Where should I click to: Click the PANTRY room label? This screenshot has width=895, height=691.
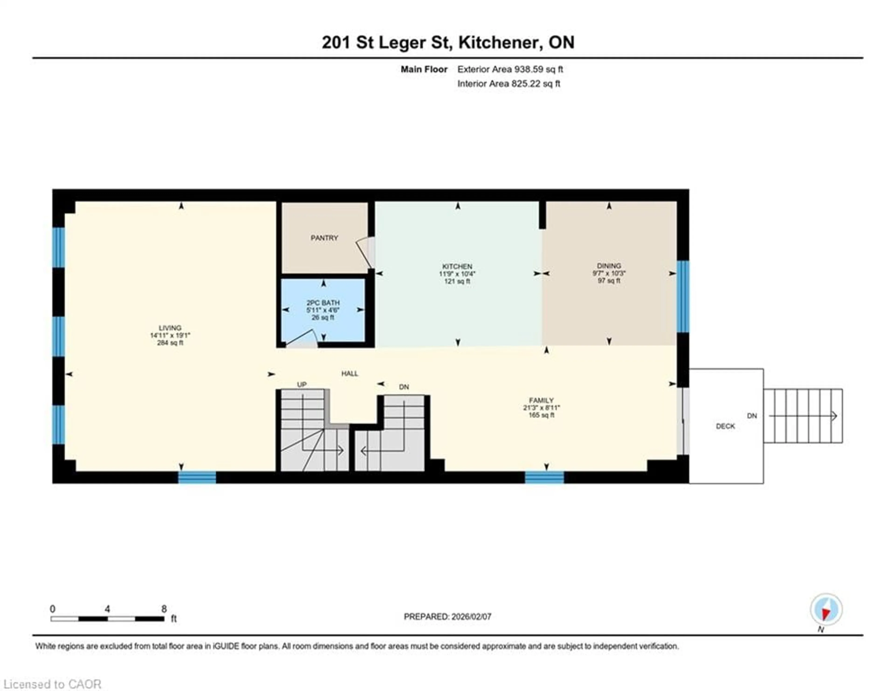pyautogui.click(x=324, y=238)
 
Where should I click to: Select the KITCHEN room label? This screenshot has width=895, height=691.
pyautogui.click(x=457, y=266)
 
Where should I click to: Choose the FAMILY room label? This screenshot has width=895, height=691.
pyautogui.click(x=541, y=401)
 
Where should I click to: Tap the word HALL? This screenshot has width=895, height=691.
pyautogui.click(x=350, y=373)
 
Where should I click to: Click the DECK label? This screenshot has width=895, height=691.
pyautogui.click(x=725, y=426)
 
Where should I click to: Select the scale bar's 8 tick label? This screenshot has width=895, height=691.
pyautogui.click(x=164, y=609)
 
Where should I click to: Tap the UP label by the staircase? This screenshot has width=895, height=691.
pyautogui.click(x=302, y=384)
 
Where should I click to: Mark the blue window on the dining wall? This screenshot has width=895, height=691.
pyautogui.click(x=683, y=296)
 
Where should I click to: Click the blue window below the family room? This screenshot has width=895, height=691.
pyautogui.click(x=544, y=477)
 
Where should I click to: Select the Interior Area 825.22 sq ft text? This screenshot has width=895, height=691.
pyautogui.click(x=509, y=84)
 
